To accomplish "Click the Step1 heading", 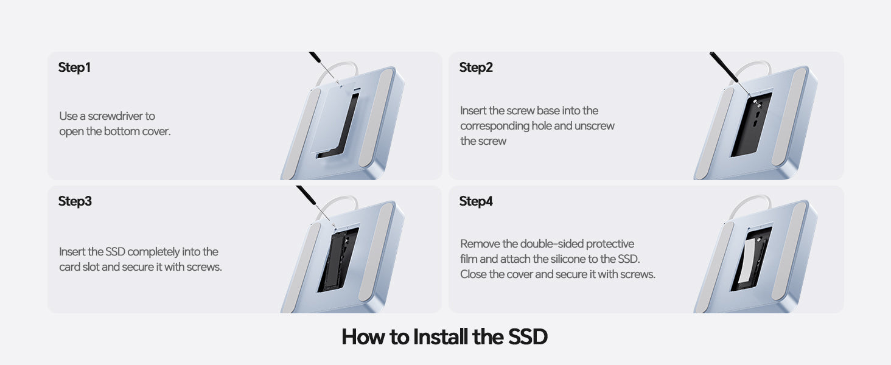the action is [74, 67].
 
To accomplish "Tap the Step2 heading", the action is [476, 67].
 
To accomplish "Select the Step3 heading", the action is [75, 201].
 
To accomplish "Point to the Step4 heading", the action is [476, 201].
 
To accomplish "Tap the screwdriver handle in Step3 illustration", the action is [306, 195].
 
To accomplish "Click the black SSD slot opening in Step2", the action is [752, 125].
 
